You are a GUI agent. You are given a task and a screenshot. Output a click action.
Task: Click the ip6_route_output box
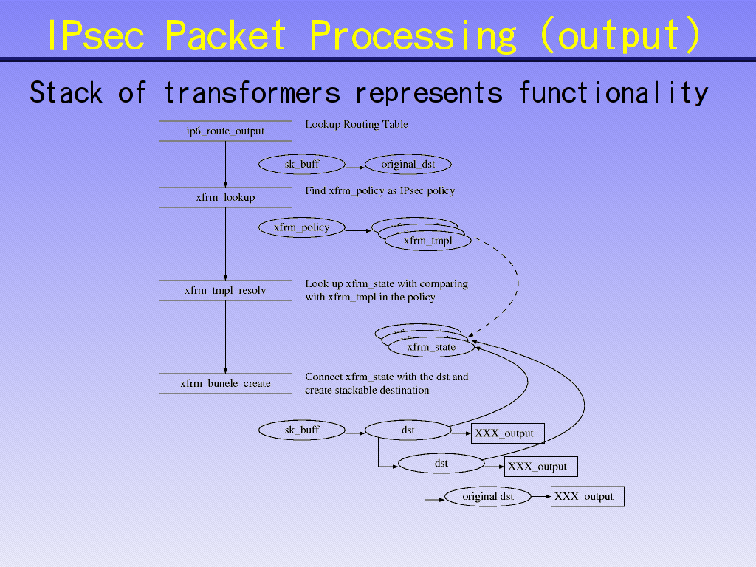225,131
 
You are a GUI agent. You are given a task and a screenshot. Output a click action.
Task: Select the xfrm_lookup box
225,197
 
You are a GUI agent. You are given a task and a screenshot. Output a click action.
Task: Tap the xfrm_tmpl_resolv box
225,291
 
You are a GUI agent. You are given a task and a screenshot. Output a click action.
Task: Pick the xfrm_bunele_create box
225,384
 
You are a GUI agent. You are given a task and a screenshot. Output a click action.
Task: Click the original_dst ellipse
408,165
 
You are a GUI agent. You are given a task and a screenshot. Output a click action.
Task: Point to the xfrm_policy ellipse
301,227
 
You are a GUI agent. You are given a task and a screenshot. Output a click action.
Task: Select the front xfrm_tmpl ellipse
427,241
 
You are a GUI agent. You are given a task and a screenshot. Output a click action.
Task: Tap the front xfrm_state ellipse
431,347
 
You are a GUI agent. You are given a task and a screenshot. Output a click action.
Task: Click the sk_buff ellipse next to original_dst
302,165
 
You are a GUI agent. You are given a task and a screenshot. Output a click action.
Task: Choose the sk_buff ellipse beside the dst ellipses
302,430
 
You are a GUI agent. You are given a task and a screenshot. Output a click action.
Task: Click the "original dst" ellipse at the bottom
488,497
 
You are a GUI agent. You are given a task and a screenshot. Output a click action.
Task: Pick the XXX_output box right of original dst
587,497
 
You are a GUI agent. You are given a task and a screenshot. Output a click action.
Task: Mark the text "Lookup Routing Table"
357,125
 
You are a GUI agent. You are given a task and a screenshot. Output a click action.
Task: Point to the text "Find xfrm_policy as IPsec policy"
379,191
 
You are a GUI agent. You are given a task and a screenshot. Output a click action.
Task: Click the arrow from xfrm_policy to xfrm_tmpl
357,231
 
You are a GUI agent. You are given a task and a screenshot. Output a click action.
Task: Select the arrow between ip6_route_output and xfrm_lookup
225,164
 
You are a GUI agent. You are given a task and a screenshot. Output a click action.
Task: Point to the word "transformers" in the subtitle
252,94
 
